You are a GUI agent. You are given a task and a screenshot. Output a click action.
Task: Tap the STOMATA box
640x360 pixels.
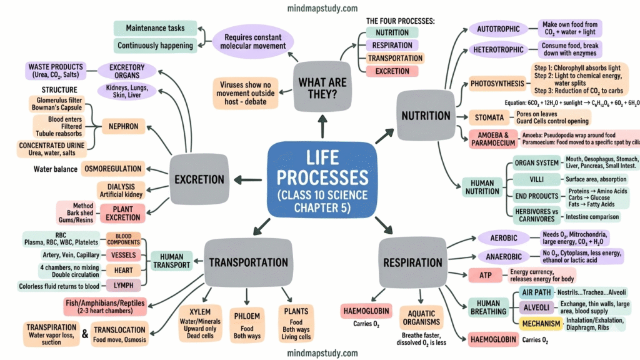(486, 117)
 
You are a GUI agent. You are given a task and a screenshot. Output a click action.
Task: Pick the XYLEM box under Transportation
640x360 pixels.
(200, 324)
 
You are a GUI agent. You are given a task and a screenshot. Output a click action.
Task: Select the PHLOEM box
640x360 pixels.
(246, 323)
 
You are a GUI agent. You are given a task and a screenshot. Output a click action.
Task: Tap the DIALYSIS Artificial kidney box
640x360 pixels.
(121, 190)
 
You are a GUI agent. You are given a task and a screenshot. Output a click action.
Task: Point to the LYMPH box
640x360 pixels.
(123, 286)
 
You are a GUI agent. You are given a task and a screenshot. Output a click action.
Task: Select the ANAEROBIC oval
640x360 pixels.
(499, 257)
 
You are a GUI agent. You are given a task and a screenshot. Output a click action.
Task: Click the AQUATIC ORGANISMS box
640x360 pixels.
(421, 317)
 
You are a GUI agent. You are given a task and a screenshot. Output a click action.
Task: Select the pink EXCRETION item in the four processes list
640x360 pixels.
(392, 71)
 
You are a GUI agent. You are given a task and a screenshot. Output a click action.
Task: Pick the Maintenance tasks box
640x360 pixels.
(154, 28)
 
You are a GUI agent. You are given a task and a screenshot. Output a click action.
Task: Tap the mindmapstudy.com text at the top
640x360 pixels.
(322, 9)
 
